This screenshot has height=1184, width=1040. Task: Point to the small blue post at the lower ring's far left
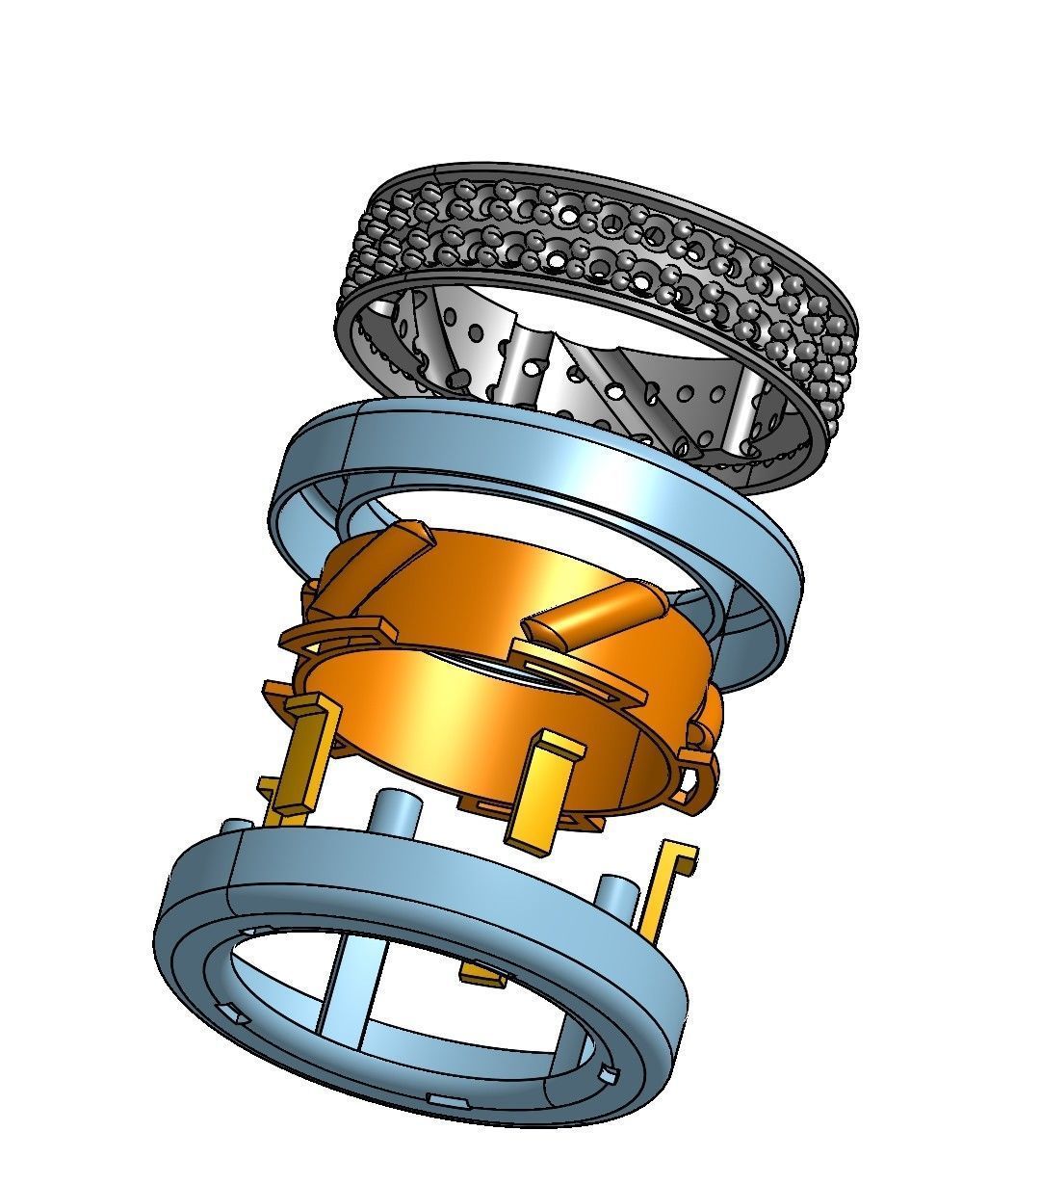pyautogui.click(x=235, y=828)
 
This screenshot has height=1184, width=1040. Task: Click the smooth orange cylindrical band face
pyautogui.click(x=481, y=713)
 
